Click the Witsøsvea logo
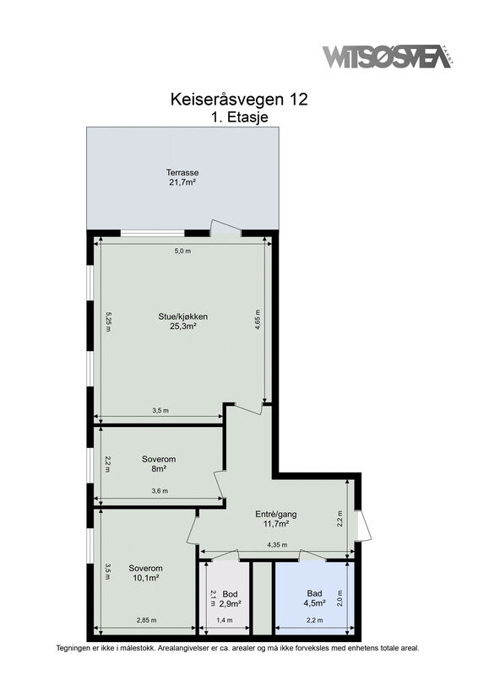[388, 57]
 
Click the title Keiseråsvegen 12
[239, 100]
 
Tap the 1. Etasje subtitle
[240, 117]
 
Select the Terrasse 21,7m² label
[182, 177]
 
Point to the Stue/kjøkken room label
[182, 321]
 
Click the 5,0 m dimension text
[182, 251]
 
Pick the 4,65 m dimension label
[258, 320]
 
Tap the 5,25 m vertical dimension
[108, 321]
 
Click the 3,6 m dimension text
[160, 491]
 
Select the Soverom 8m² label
[159, 464]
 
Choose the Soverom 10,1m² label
[146, 573]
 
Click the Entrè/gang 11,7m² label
[276, 519]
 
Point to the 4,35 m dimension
[277, 544]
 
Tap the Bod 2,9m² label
[231, 599]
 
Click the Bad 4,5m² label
[315, 598]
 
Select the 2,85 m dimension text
[147, 620]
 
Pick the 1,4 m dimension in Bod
[224, 620]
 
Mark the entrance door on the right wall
[363, 526]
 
